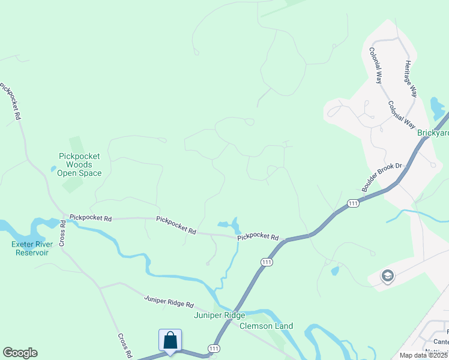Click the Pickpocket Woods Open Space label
(x=79, y=164)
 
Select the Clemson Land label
(x=266, y=326)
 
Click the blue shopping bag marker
(x=170, y=340)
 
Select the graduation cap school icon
(x=387, y=277)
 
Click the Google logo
(x=20, y=353)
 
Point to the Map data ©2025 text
(x=424, y=355)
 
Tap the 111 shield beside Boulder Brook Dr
(x=353, y=204)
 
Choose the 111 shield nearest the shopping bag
(x=214, y=349)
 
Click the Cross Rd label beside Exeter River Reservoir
(x=62, y=234)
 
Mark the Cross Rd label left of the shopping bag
(x=125, y=346)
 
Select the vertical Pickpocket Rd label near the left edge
(x=11, y=102)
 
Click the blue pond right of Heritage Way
(x=437, y=109)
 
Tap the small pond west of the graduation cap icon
(x=334, y=271)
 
